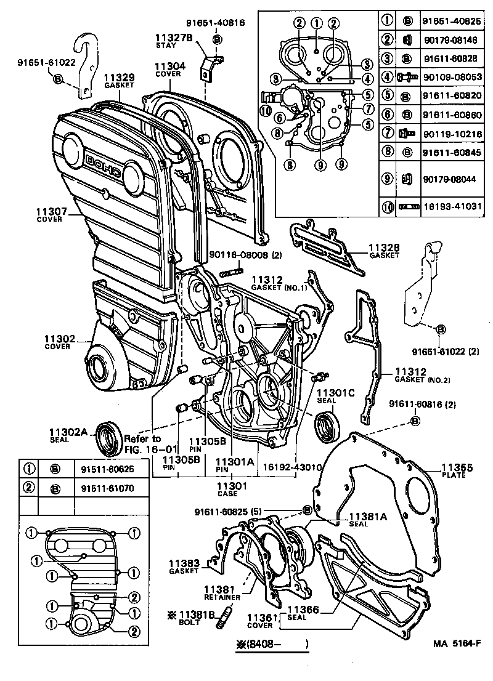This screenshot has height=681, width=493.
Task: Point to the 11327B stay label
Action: tap(173, 41)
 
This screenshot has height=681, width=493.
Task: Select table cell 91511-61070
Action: tap(105, 489)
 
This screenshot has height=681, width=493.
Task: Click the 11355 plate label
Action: tap(457, 472)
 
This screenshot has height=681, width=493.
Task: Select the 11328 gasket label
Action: tap(384, 251)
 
